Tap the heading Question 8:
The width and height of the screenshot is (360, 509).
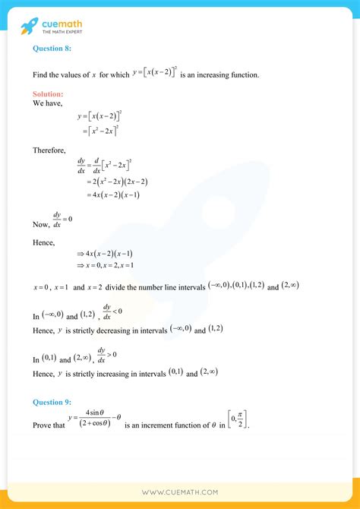coord(52,47)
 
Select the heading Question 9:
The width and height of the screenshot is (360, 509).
coord(52,402)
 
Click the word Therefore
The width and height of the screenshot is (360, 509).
coord(49,150)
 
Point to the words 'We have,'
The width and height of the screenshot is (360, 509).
coord(47,102)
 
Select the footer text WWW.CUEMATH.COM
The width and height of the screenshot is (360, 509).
coord(180,492)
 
